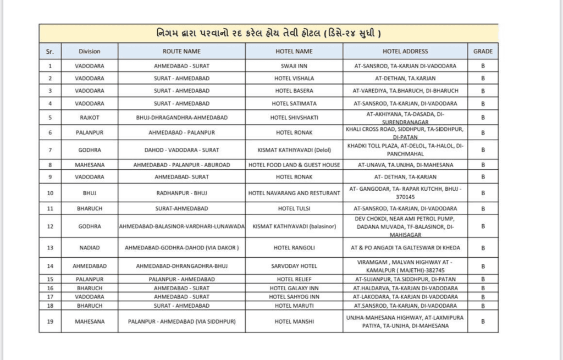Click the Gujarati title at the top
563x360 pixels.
click(x=268, y=32)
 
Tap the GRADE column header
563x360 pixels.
click(x=483, y=51)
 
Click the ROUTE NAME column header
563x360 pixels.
click(x=181, y=51)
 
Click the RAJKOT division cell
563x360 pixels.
click(x=89, y=117)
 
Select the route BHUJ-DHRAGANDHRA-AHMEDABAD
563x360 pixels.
click(x=181, y=117)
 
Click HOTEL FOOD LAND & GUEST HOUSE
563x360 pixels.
click(x=294, y=164)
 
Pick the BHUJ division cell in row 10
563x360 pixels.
click(x=89, y=193)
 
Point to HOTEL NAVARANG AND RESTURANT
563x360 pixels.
click(x=294, y=193)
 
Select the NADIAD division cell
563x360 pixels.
click(x=89, y=247)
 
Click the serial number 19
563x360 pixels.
click(x=50, y=322)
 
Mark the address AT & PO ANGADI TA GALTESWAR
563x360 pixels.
click(x=405, y=247)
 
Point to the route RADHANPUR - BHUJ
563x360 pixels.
click(x=181, y=193)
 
